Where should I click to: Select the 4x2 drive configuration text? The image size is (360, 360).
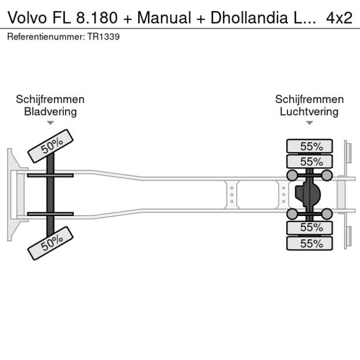(x=339, y=17)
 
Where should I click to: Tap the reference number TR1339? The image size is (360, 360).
(x=105, y=37)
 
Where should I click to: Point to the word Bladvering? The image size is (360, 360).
(x=50, y=111)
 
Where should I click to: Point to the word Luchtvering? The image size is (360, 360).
(x=309, y=111)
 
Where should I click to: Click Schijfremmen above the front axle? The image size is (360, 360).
(x=50, y=99)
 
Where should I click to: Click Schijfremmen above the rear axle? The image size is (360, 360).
(x=309, y=99)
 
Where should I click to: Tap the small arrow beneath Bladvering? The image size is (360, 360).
(x=51, y=123)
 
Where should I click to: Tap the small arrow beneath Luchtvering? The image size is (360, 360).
(x=309, y=123)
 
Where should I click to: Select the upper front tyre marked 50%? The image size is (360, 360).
(x=51, y=145)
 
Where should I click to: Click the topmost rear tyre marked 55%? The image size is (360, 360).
(x=311, y=146)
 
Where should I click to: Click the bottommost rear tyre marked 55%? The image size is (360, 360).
(x=311, y=244)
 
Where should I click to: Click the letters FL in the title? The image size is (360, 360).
(x=61, y=17)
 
